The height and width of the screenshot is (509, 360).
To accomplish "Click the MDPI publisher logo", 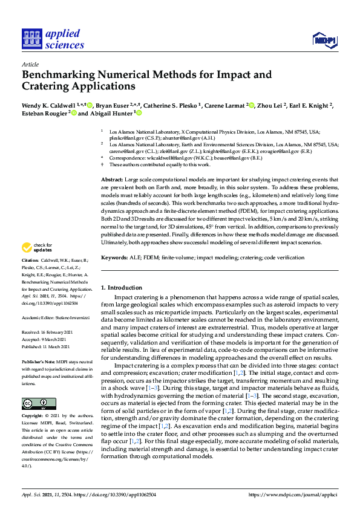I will pos(324,41).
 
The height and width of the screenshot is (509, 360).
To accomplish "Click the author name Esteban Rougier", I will pos(44,113).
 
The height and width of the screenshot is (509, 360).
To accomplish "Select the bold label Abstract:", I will pos(111,180).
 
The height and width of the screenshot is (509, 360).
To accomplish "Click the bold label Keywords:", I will pos(116,258).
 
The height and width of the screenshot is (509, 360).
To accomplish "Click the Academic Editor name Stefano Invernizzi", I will pos(67,316).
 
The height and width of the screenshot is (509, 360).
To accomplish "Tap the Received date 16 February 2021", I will pos(60,332).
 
